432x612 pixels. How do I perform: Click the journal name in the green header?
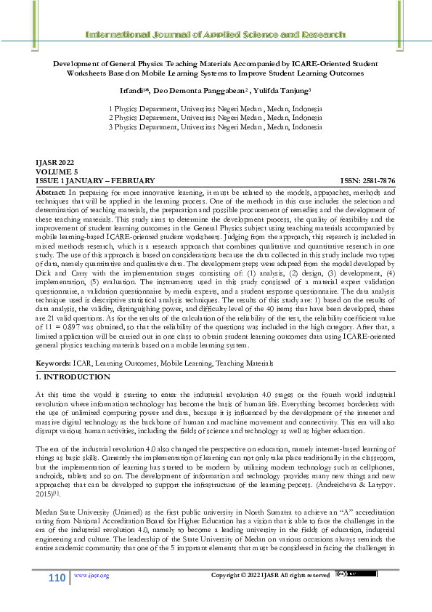coord(216,35)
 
